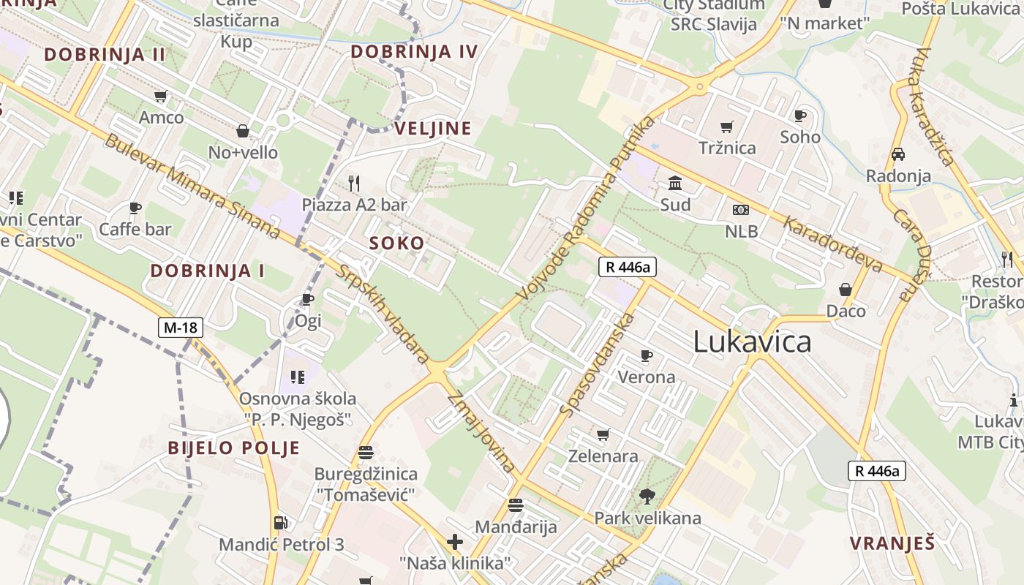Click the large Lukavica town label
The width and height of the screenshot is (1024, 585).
click(752, 341)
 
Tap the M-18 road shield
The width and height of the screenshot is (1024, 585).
click(181, 328)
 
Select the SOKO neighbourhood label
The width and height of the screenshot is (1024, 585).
click(396, 244)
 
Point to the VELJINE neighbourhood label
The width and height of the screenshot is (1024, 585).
click(433, 129)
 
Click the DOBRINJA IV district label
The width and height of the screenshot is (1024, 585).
click(414, 52)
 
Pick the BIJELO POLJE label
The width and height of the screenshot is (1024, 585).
click(234, 448)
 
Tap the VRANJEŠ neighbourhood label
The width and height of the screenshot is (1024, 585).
click(892, 543)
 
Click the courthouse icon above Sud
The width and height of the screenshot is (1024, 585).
click(675, 183)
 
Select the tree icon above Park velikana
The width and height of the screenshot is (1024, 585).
click(647, 497)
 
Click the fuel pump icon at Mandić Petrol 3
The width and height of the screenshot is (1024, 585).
click(280, 523)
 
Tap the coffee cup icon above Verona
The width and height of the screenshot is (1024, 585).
click(646, 355)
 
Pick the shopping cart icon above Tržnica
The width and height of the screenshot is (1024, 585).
click(726, 127)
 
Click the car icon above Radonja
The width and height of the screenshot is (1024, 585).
click(898, 154)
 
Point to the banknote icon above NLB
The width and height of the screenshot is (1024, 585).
click(741, 211)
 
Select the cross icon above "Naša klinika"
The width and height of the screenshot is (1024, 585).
click(455, 542)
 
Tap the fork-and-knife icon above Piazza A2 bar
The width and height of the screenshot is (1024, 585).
click(354, 183)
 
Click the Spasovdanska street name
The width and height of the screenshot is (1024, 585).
click(597, 364)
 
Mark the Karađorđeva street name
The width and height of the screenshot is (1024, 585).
click(832, 244)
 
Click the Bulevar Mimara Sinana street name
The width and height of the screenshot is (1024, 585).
click(192, 186)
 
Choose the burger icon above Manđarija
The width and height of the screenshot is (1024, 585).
click(516, 505)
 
